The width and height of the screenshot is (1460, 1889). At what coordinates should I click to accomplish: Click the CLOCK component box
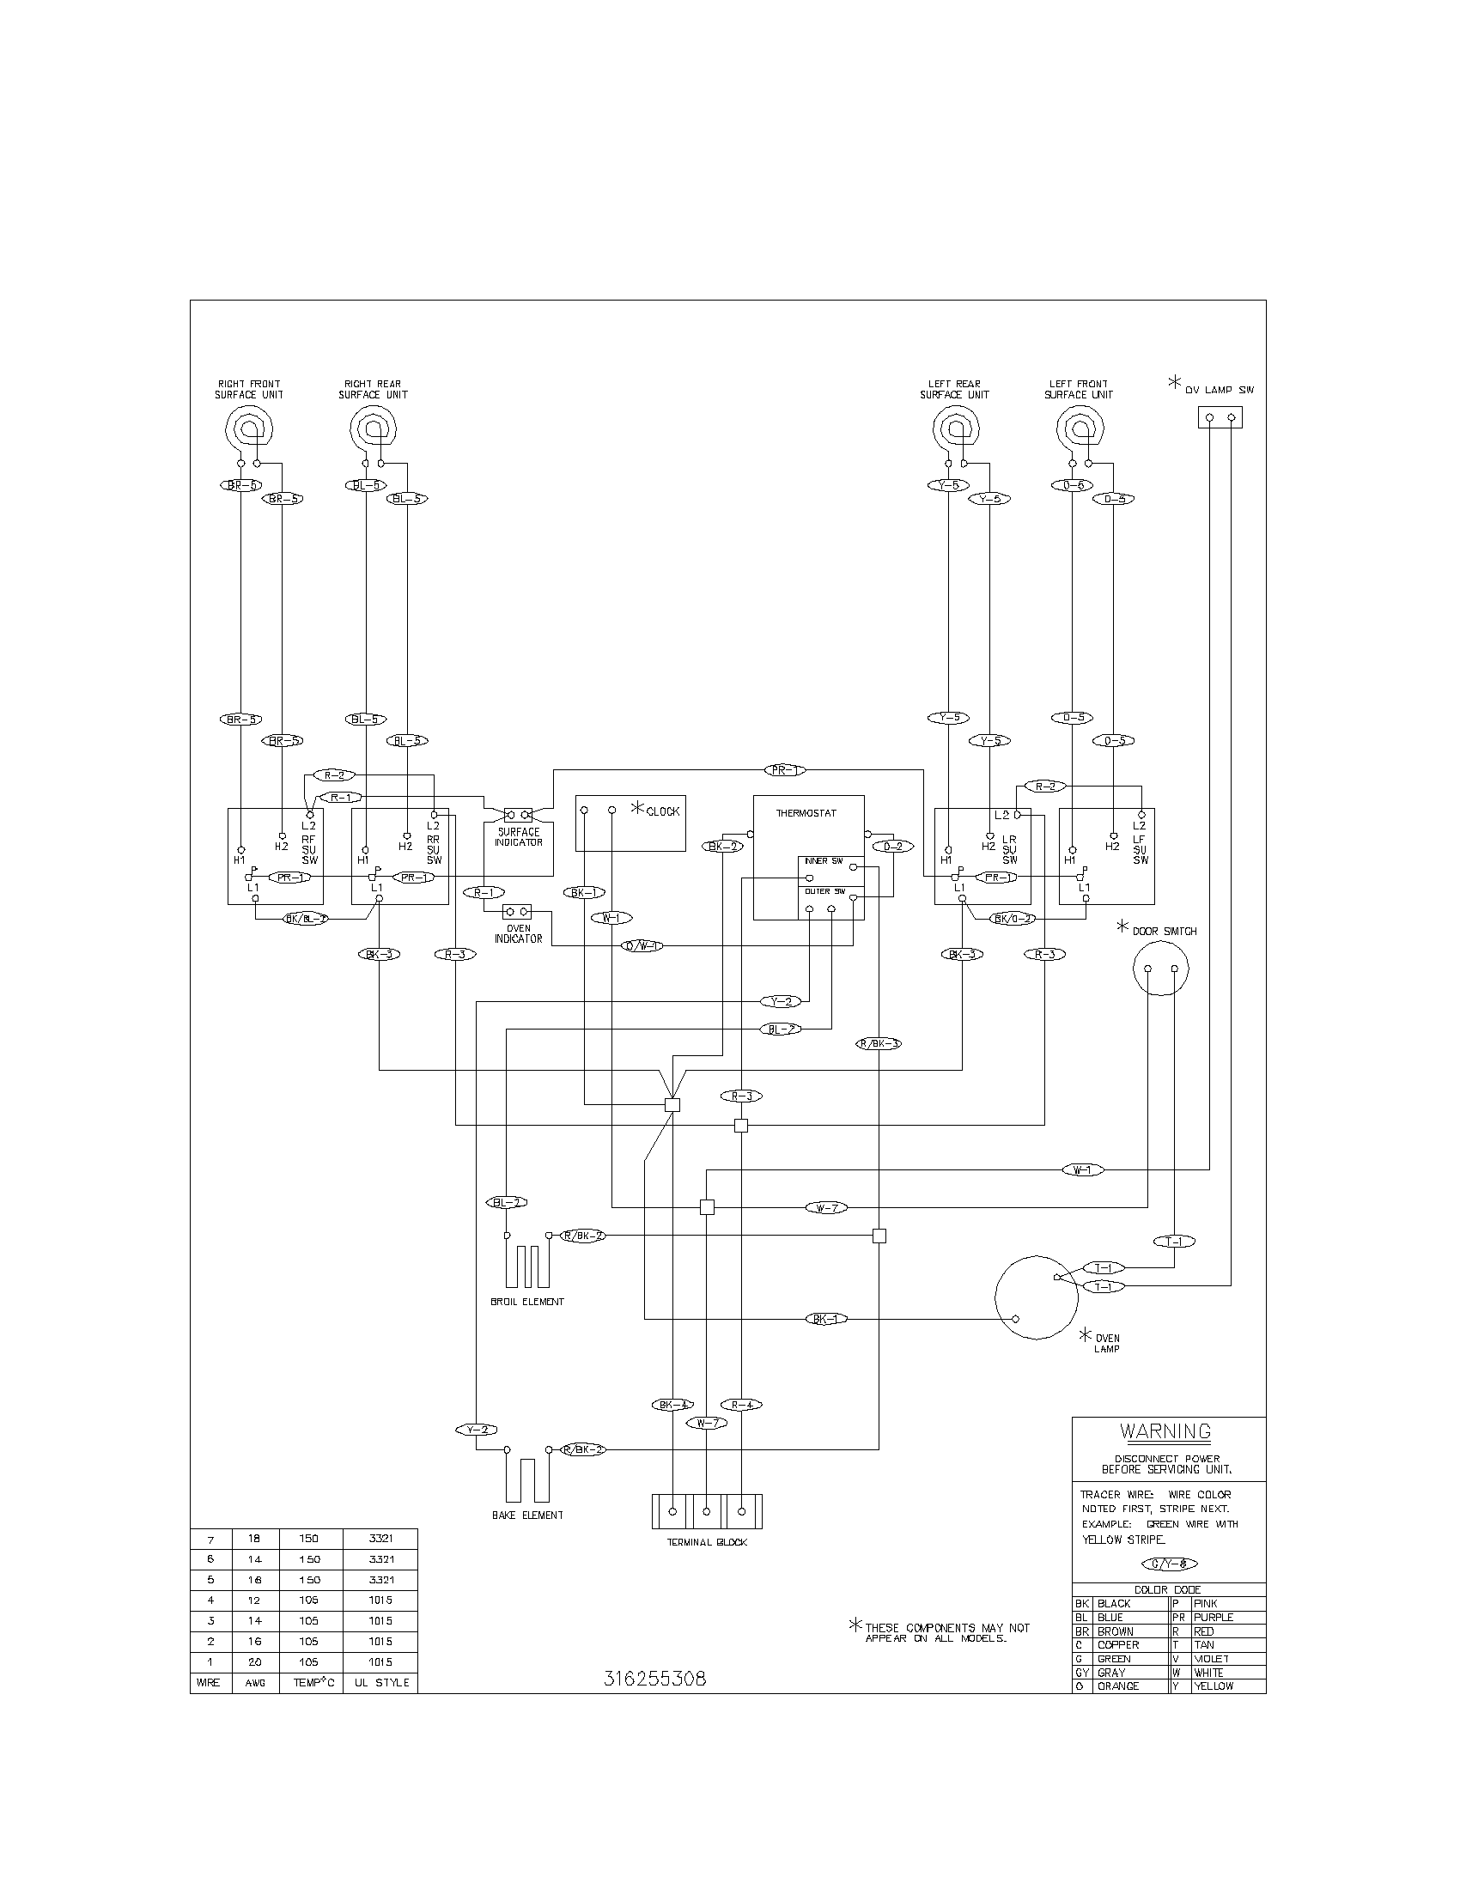[630, 823]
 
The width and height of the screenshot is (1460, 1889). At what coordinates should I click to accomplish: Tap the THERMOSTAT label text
[806, 813]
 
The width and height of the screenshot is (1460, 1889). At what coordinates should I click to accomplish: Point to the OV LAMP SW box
[1220, 418]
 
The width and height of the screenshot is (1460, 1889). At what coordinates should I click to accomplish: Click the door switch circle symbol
[1160, 969]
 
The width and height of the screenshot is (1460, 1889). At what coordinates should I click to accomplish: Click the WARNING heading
[1165, 1430]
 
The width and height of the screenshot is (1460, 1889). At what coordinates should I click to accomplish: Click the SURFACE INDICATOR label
[518, 836]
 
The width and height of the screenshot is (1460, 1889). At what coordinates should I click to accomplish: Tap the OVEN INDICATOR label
[518, 933]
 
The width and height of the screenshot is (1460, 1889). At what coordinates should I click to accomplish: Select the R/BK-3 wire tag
[879, 1043]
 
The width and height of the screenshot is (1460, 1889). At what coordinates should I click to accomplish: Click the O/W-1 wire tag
[643, 946]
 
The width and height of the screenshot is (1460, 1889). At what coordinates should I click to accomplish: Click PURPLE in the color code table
[1214, 1617]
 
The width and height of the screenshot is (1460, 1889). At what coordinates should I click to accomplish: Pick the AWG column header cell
[255, 1682]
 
